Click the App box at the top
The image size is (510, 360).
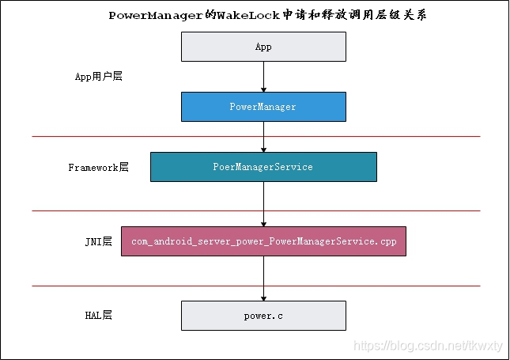coord(263,47)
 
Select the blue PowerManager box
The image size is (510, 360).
coord(263,107)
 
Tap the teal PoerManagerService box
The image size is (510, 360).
coord(263,167)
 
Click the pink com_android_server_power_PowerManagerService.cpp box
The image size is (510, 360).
coord(263,241)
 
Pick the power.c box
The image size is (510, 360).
coord(263,315)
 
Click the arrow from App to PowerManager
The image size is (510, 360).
coord(263,77)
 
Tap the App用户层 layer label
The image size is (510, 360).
coord(98,77)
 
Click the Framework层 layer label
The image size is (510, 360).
coord(98,168)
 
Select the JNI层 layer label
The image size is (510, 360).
coord(98,241)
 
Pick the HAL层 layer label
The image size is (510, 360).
coord(98,315)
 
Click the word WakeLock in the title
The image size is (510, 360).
coord(250,15)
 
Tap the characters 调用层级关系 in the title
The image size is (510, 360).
coord(392,15)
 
